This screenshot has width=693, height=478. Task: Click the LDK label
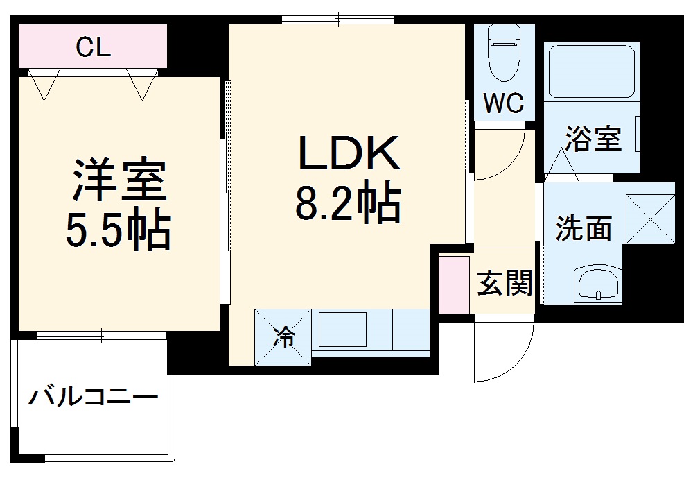coord(349,153)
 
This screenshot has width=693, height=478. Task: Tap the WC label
coord(503,104)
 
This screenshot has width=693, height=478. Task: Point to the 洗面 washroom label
coord(584,228)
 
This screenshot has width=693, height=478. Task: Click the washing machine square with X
coord(649,219)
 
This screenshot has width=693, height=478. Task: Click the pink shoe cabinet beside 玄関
coord(455,283)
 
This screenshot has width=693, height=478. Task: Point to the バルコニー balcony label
coord(93,398)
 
